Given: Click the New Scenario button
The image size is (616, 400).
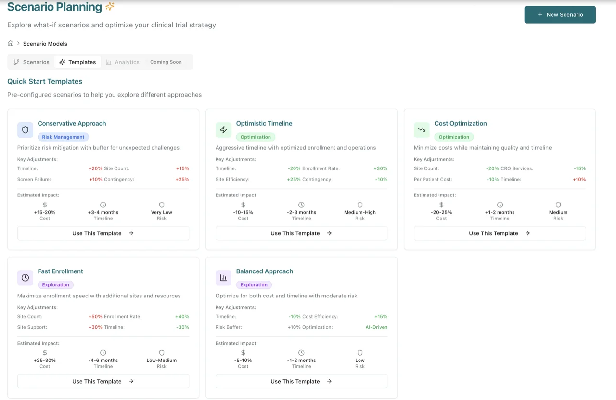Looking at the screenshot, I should tap(560, 14).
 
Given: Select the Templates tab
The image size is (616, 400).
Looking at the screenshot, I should tap(77, 62).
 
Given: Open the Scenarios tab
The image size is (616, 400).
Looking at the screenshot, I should tap(31, 62).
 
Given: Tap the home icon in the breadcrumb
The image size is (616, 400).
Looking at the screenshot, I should tap(11, 43).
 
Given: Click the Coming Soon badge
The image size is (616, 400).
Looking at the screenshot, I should tap(166, 62).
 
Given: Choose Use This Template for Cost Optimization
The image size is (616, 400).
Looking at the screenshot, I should tap(500, 233).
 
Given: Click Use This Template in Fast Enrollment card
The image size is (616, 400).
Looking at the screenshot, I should tap(103, 381).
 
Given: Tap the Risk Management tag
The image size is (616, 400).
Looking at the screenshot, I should tap(63, 137).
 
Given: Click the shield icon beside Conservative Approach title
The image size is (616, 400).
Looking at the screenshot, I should tap(26, 130).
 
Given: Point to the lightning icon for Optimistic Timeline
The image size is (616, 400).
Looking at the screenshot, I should tap(223, 130).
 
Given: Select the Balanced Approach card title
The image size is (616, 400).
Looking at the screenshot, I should tap(264, 271).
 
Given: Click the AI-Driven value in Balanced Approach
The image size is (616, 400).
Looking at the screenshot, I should tap(376, 327).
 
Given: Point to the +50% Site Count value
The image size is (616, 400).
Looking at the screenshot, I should tap(95, 317).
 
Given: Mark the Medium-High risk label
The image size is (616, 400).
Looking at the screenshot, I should tap(360, 212).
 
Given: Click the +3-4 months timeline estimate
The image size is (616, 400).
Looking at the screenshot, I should tap(103, 212).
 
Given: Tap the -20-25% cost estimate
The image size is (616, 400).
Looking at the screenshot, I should tap(441, 212).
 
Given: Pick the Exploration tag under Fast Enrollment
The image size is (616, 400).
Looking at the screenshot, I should tap(55, 285).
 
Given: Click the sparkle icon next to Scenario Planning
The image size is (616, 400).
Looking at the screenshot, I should tap(110, 7).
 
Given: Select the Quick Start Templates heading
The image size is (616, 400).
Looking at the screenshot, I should tap(45, 81).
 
